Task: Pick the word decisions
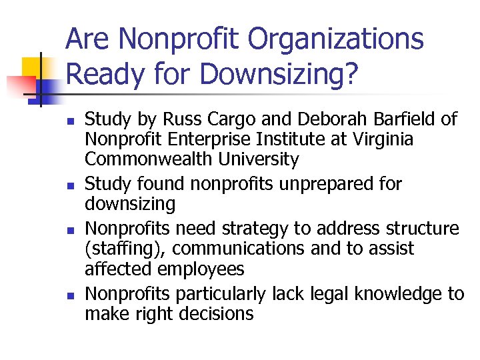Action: pos(213,313)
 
